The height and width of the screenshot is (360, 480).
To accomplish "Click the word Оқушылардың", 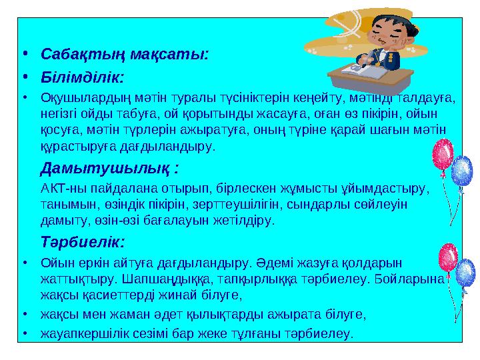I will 82,99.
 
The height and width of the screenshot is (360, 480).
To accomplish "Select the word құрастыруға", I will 74,145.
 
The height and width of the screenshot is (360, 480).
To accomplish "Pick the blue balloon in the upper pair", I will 461,170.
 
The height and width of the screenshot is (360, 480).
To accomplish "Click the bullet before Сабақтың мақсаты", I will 23,53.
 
